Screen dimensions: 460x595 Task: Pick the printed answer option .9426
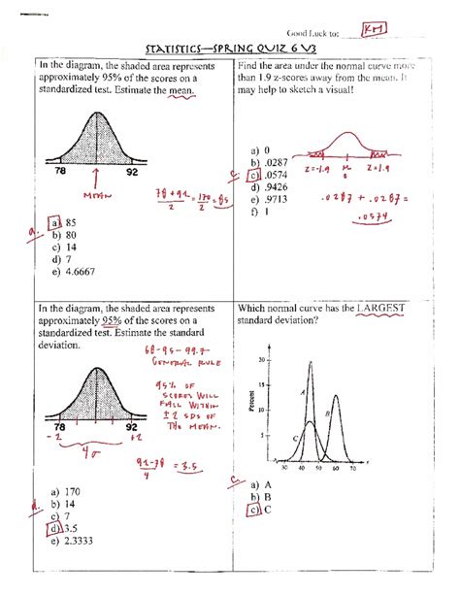tap(259, 188)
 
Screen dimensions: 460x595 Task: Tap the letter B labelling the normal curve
tap(328, 413)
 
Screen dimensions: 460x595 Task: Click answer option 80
tap(69, 235)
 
